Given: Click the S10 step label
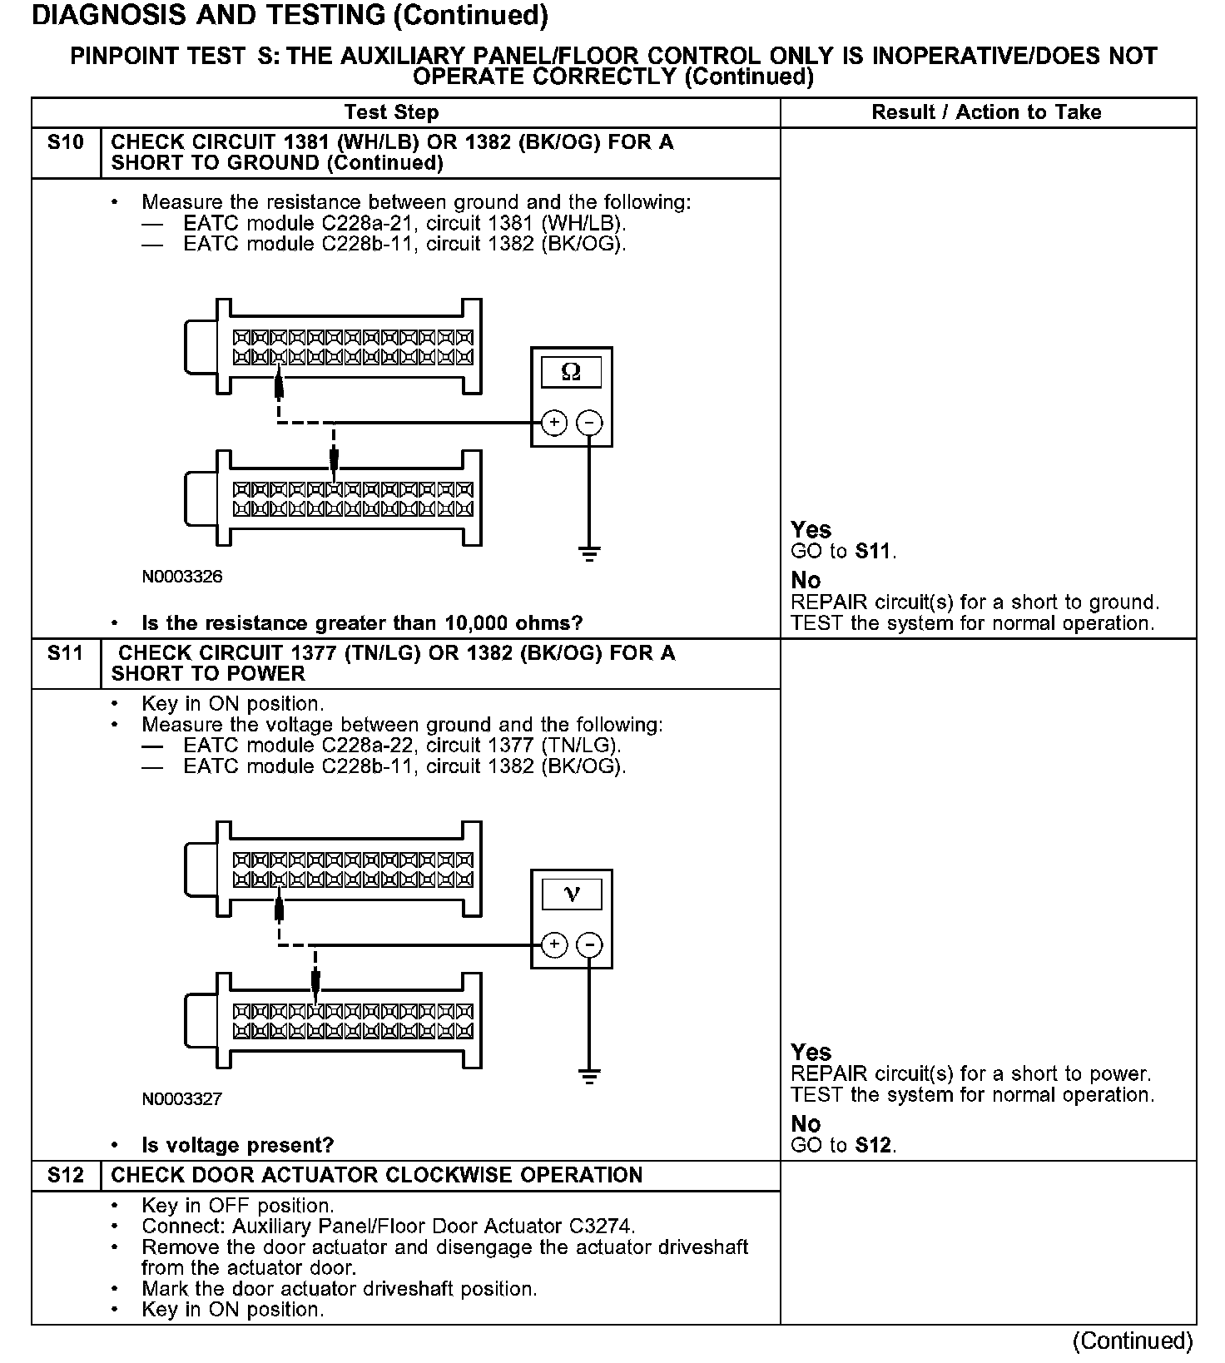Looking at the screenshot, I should coord(66,142).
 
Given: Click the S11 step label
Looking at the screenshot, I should coord(66,653).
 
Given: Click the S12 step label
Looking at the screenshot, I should coord(66,1175).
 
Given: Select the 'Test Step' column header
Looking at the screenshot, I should coord(391,112).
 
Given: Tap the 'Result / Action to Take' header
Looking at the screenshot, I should coord(986,112).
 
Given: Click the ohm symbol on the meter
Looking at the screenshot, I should coord(571,372).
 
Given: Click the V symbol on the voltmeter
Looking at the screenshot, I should coord(571,895).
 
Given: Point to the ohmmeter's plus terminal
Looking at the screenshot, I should coord(554,423).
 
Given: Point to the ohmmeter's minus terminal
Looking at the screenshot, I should coord(589,423).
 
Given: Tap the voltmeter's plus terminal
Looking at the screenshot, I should coord(554,945).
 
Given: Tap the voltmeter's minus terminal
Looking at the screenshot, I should coord(589,945).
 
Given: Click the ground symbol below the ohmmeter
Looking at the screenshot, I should coord(589,553).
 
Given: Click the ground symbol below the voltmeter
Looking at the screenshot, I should coord(589,1076).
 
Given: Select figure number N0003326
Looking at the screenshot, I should coord(181,577).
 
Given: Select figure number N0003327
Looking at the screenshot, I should coord(181,1099).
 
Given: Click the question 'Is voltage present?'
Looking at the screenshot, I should coord(237,1145).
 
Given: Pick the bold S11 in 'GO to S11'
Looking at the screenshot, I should coord(874,551).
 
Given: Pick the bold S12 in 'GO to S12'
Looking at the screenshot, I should coord(874,1145).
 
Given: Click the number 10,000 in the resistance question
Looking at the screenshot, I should coord(480,623).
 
